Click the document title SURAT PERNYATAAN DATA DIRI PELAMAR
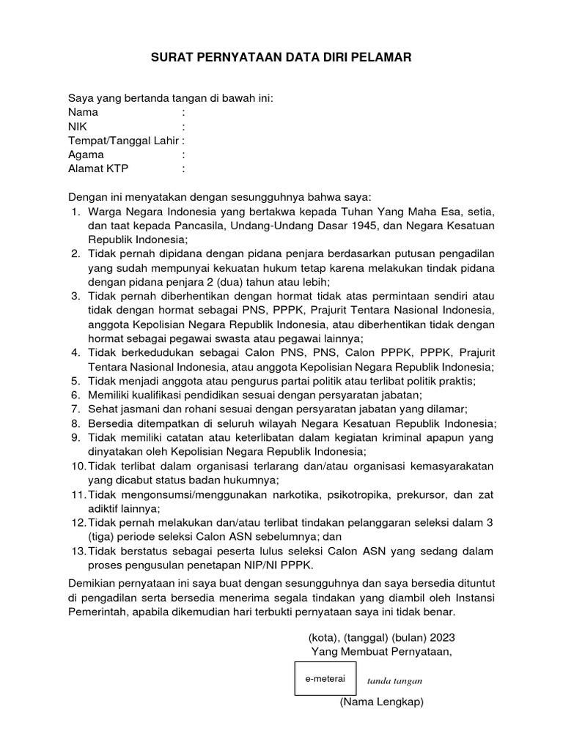(281, 56)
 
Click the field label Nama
(83, 113)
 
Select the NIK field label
(78, 127)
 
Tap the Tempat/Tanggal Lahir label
(124, 141)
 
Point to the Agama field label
(86, 155)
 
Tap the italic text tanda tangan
(393, 680)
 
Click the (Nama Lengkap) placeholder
(381, 702)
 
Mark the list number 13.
(78, 551)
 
